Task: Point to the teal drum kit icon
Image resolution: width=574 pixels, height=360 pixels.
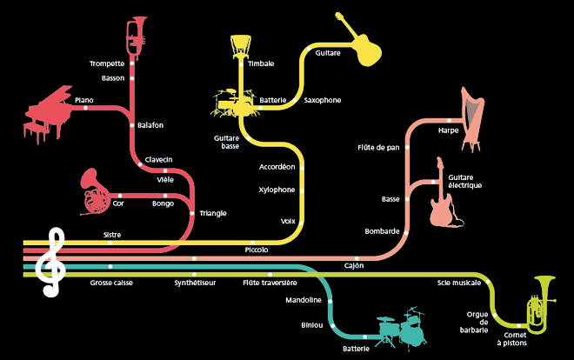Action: coord(403,329)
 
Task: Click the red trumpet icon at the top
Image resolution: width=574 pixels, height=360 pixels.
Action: coord(136,36)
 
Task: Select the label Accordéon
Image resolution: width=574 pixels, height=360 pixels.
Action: coord(277,166)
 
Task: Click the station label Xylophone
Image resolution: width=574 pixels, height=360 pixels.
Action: coord(277,190)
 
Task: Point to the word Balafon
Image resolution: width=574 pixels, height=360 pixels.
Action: coord(150,125)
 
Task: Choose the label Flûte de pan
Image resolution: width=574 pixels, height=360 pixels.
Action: coord(378,148)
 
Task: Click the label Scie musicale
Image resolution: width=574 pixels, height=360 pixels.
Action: coord(459,283)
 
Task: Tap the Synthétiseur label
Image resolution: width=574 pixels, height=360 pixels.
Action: coord(196,283)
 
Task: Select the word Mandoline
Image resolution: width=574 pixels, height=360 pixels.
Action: coord(304,300)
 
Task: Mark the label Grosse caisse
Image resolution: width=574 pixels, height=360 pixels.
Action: coord(112,283)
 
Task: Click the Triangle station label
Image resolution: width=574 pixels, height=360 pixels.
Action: coord(213,213)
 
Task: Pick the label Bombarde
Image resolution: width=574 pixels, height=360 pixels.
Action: coord(383,231)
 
